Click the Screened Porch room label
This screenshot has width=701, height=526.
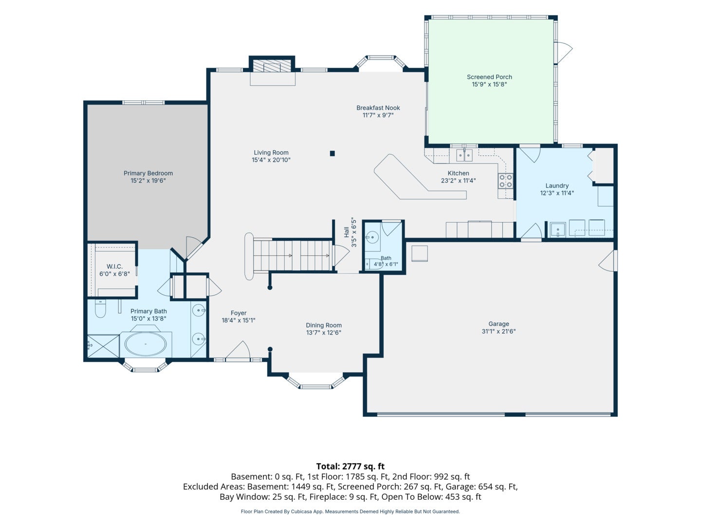(489, 77)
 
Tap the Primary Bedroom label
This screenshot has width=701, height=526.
(148, 173)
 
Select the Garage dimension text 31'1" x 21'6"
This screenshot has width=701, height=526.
(498, 331)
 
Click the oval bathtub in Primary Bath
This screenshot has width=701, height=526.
(146, 344)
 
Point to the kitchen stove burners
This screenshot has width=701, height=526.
(506, 181)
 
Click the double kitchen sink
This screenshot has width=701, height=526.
(464, 156)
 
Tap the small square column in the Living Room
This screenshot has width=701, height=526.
(332, 153)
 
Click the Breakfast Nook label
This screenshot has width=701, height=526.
(378, 108)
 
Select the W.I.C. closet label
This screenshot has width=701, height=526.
(115, 266)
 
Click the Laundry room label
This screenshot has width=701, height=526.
(557, 186)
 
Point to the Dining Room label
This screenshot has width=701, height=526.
(324, 325)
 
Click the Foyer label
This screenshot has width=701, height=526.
(239, 313)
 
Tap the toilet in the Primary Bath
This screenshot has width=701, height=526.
(100, 308)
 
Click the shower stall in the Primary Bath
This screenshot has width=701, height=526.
(104, 346)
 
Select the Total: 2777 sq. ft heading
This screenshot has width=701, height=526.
(350, 466)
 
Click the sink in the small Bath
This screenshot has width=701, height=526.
(372, 237)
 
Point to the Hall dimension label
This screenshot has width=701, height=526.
(350, 232)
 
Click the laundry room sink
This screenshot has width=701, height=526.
(557, 230)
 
